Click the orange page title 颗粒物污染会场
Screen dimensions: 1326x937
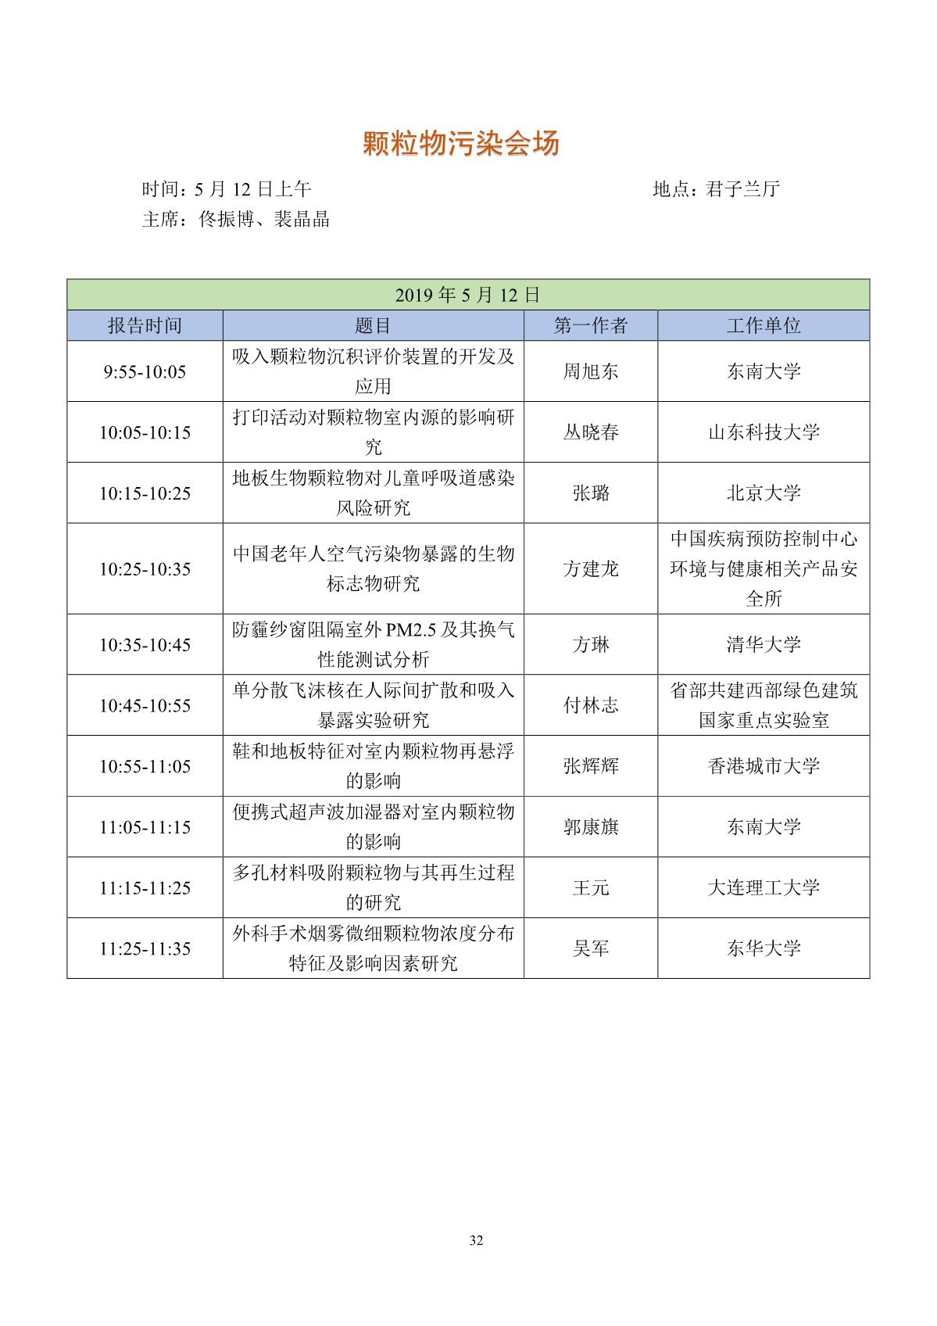tap(461, 144)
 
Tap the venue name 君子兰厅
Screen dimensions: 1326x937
tap(742, 189)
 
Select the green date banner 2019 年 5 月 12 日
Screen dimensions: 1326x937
tap(467, 295)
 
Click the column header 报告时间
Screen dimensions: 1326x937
tap(145, 325)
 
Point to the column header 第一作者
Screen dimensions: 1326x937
tap(590, 325)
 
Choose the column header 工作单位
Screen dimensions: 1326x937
tap(763, 325)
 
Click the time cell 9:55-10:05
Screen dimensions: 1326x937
tap(145, 371)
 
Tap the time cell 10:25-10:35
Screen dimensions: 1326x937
tap(145, 569)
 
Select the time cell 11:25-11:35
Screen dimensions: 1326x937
tap(145, 948)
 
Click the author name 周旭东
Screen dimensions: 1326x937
tap(590, 371)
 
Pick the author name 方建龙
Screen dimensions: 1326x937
tap(590, 569)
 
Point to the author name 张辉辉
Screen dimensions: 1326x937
tap(590, 766)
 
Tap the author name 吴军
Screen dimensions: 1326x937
tap(590, 948)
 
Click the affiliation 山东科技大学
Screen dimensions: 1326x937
tap(763, 432)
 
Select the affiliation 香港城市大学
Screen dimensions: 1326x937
tap(763, 766)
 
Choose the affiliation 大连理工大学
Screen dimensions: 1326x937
tap(763, 888)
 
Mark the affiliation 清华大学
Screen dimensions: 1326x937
tap(763, 645)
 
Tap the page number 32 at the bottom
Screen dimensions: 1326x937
tap(477, 1241)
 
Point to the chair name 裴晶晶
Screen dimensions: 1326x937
tap(301, 219)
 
